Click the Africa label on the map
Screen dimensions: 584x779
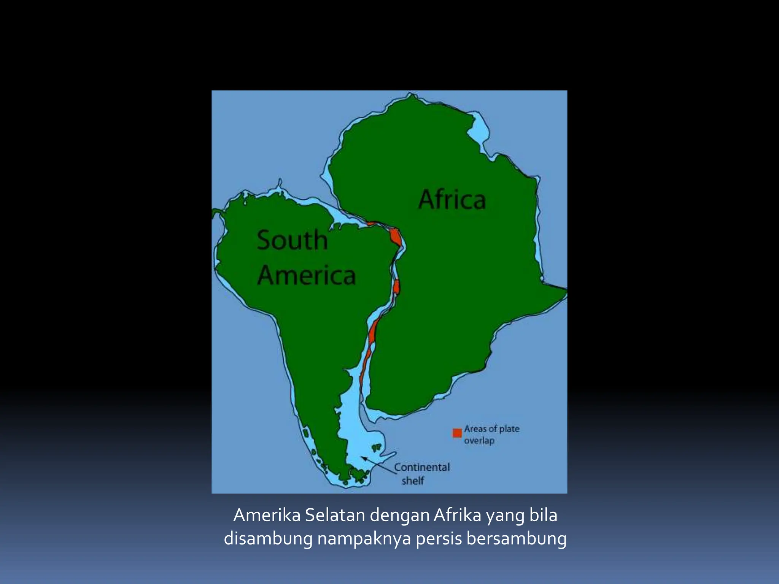pyautogui.click(x=452, y=200)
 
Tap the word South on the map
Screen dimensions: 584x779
pyautogui.click(x=292, y=240)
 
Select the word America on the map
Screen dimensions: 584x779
pyautogui.click(x=307, y=275)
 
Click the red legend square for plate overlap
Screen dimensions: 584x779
pyautogui.click(x=457, y=433)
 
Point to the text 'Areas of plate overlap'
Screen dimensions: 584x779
pyautogui.click(x=491, y=435)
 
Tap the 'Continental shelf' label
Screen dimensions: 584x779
pyautogui.click(x=421, y=474)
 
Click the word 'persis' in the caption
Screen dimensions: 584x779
pyautogui.click(x=438, y=539)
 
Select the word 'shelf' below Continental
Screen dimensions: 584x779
pyautogui.click(x=413, y=481)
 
